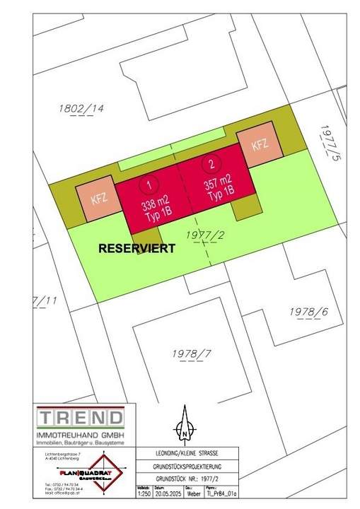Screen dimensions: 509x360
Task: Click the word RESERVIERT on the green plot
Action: pos(137,249)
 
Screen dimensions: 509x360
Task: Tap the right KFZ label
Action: pos(259,145)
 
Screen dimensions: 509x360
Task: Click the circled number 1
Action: pos(149,185)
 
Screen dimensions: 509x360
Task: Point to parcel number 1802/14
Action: pos(79,110)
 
